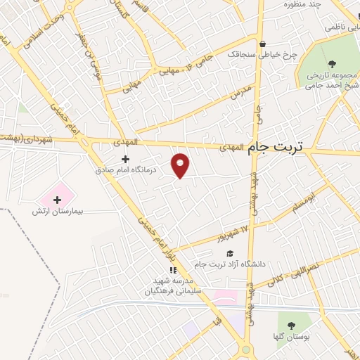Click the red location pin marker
(x=181, y=165)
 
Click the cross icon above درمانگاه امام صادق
(x=126, y=160)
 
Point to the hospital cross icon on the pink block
(x=58, y=200)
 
